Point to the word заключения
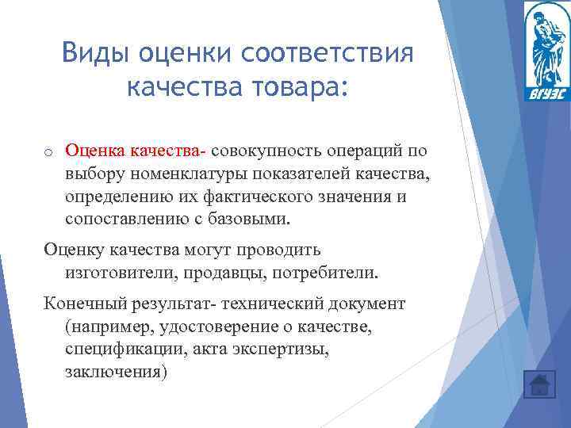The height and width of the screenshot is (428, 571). coord(116,371)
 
